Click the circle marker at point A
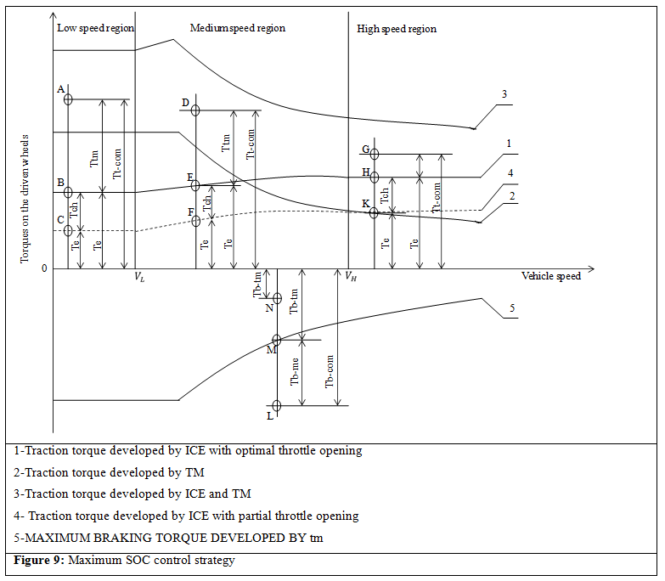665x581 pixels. coord(68,99)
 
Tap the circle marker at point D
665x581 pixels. coord(195,110)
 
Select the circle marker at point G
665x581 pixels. coord(374,154)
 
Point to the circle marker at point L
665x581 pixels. coord(277,406)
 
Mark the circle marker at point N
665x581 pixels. coord(277,297)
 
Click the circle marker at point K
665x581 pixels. coord(374,212)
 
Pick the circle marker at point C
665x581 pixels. coord(68,230)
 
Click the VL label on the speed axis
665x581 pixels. coord(139,277)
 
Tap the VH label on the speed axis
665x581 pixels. coord(349,276)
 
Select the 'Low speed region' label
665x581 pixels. coord(94,28)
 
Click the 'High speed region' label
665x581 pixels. coord(397,29)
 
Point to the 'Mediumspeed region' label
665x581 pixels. coord(237,28)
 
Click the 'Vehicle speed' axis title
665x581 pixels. coord(551,276)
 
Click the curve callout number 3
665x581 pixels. coord(504,94)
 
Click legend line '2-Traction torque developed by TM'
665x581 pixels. coord(110,472)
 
